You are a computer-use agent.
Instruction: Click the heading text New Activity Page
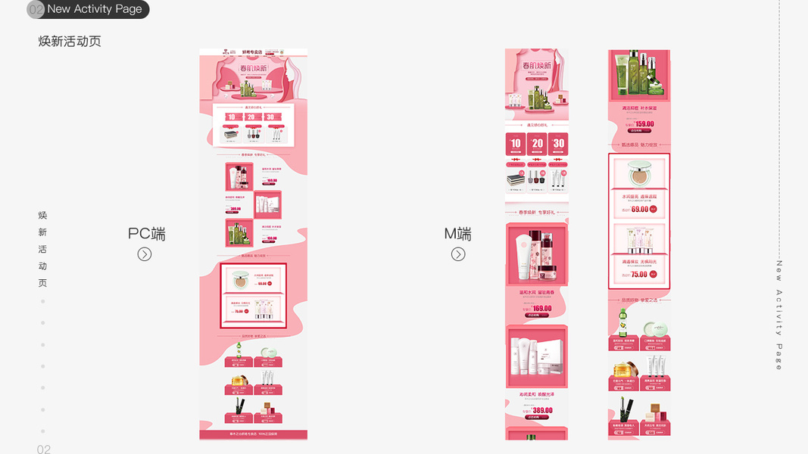[x=94, y=9]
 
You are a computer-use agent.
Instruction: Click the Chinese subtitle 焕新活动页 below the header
[x=70, y=42]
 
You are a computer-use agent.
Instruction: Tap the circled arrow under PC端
[x=145, y=254]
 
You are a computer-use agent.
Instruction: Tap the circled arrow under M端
[x=458, y=254]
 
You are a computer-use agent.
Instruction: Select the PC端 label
[x=146, y=234]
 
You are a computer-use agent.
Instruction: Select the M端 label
[x=457, y=234]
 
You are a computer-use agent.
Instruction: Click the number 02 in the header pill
[x=36, y=10]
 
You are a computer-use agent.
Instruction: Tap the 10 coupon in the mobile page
[x=516, y=143]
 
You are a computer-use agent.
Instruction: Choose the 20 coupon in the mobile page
[x=537, y=143]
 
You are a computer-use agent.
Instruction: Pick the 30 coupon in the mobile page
[x=558, y=143]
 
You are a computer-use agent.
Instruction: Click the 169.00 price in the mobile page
[x=541, y=309]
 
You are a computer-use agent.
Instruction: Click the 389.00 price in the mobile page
[x=541, y=410]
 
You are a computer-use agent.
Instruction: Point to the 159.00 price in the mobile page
[x=644, y=124]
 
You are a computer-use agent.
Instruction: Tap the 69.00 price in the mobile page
[x=640, y=209]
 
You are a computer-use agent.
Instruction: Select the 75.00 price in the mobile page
[x=639, y=274]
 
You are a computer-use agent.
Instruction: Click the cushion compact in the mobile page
[x=639, y=173]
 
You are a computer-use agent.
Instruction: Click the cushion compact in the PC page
[x=240, y=280]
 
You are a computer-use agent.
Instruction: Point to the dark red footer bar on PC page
[x=253, y=434]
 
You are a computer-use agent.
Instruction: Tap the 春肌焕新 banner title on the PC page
[x=253, y=69]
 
